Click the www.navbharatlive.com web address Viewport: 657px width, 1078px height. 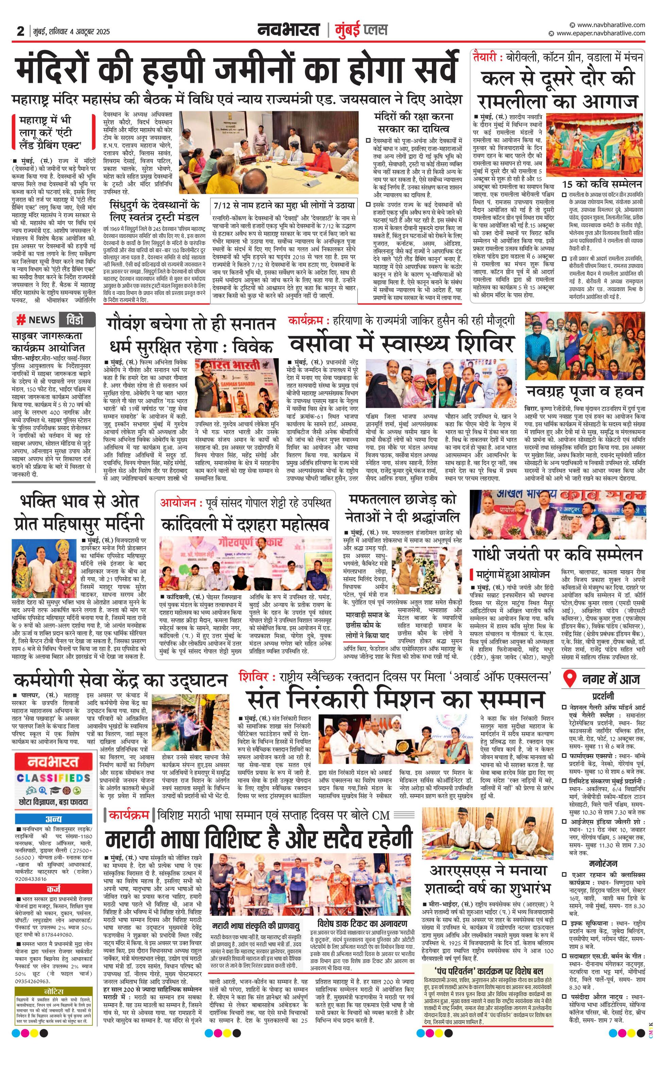point(611,25)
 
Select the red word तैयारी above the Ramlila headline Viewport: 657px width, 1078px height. point(485,57)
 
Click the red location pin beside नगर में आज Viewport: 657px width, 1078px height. point(570,679)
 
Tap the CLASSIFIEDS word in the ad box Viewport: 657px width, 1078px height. point(53,778)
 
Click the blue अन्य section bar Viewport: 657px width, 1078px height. point(53,819)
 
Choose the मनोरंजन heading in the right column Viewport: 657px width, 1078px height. point(603,863)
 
